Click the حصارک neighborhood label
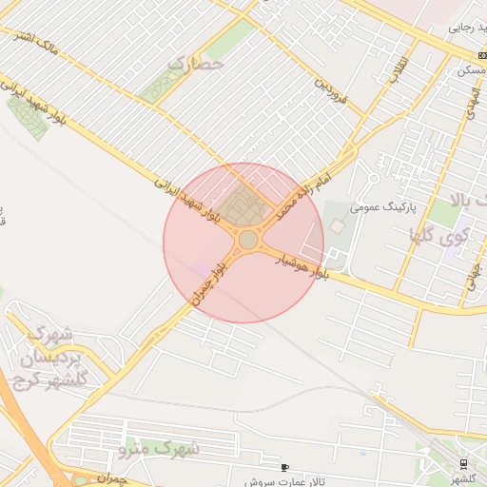[x=195, y=64]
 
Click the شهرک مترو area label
[x=159, y=447]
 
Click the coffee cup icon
[x=284, y=467]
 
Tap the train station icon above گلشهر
[x=463, y=464]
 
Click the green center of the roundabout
[x=248, y=240]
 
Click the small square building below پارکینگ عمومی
[x=338, y=225]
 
